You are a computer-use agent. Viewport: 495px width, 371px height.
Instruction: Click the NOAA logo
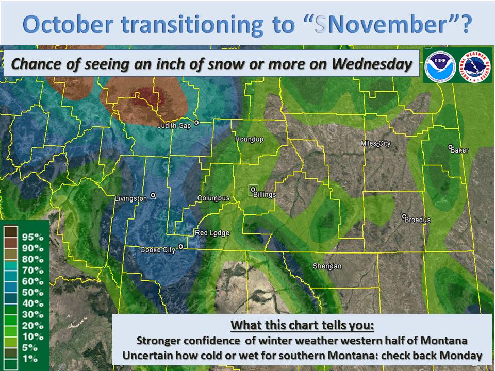tap(440, 65)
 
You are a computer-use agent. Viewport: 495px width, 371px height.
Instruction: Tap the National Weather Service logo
tap(474, 65)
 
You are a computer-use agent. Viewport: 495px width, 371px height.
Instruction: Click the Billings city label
tap(265, 195)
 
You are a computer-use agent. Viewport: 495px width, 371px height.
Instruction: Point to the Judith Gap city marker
tap(196, 123)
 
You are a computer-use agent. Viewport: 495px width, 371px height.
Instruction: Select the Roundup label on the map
tap(249, 139)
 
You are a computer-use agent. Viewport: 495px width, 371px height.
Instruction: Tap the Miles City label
tap(376, 144)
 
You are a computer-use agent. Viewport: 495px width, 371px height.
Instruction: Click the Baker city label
tap(459, 150)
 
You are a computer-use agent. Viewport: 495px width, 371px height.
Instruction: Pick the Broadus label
tap(417, 220)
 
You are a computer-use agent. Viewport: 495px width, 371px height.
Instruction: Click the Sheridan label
tap(327, 266)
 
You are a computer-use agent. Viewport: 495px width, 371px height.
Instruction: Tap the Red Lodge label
tap(212, 233)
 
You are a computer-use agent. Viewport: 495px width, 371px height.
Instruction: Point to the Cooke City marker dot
tap(181, 246)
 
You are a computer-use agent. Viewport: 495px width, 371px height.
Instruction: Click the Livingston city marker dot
tap(153, 196)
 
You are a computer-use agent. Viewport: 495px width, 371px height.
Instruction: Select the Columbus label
tap(213, 198)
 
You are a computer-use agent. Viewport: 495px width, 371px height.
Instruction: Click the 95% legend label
tap(33, 237)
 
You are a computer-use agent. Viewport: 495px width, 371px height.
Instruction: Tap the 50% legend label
tap(33, 293)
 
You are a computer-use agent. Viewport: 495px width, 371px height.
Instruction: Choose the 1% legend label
tap(30, 359)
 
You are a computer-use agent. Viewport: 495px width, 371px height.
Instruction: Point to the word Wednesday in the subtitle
tap(372, 64)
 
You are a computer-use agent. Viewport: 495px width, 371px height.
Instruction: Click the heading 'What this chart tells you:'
tap(302, 325)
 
